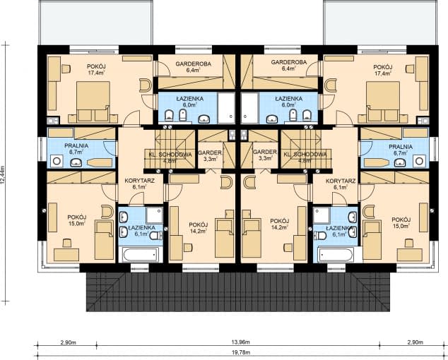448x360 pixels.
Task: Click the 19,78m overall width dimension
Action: pos(240,352)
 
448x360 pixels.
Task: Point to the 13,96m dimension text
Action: pos(240,342)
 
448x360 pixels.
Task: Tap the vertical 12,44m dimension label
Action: pos(4,176)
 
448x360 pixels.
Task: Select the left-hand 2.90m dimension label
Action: pos(69,342)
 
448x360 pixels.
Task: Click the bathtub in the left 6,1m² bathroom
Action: pos(141,254)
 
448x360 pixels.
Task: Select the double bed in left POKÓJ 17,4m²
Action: pos(93,101)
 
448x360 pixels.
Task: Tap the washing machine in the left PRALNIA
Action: pos(57,161)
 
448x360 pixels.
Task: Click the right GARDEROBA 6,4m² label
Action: pos(289,65)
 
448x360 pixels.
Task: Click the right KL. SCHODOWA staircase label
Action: pos(305,157)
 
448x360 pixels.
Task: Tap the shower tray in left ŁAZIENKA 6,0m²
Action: pos(226,108)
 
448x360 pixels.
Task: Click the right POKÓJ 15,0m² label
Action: pos(401,222)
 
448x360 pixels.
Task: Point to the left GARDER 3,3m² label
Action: pos(210,155)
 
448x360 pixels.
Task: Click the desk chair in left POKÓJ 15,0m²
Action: pos(67,243)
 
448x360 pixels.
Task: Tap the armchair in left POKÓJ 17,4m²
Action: pos(145,85)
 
